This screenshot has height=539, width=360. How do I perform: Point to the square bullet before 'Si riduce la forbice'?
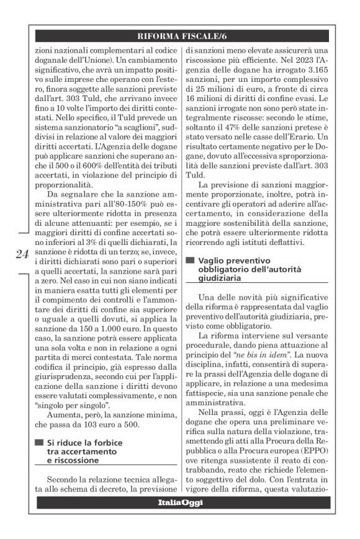(x=38, y=442)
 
